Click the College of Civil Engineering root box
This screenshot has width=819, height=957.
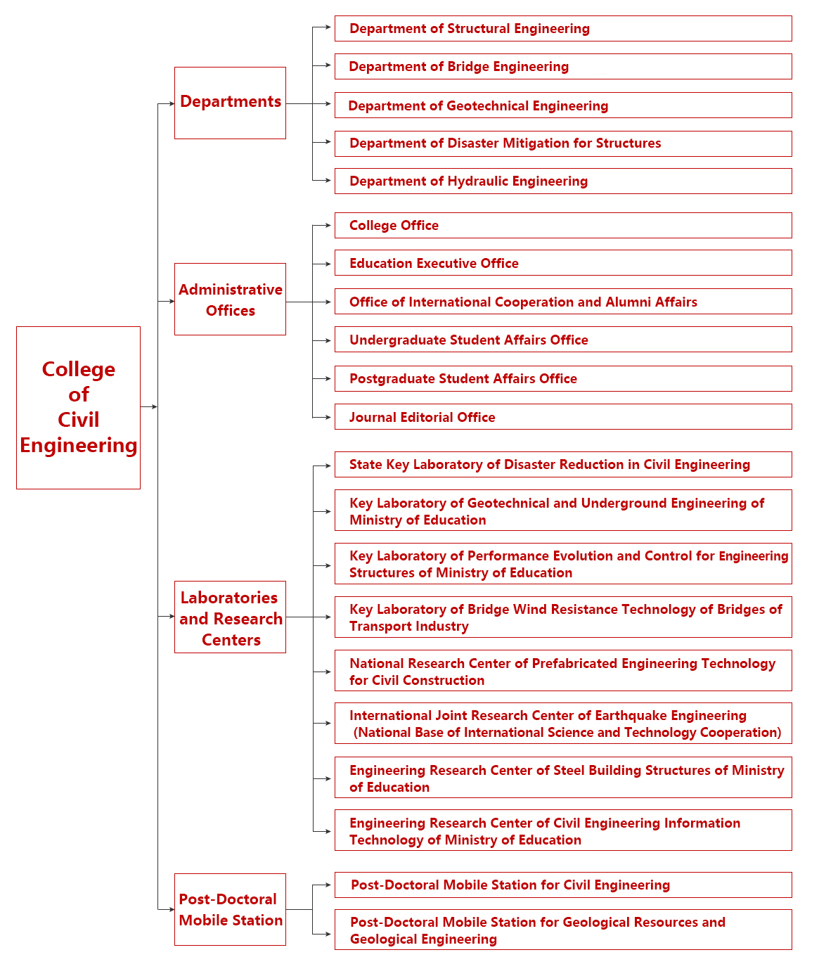pos(78,407)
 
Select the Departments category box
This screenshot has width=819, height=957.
pos(230,103)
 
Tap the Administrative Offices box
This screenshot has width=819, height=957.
pos(230,300)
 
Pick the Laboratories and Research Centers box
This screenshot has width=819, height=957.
pos(230,617)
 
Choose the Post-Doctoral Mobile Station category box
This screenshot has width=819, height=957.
pos(230,909)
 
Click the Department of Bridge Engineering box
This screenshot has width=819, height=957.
pos(562,67)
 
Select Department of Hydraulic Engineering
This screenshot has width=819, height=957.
pos(562,181)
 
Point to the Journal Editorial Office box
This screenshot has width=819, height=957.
pos(562,417)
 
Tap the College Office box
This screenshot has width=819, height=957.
pos(562,226)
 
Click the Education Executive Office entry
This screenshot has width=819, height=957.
pos(562,263)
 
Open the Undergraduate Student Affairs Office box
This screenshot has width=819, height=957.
pos(562,340)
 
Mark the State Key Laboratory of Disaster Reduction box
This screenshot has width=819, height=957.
pos(562,465)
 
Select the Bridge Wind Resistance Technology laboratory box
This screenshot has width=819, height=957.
pos(562,617)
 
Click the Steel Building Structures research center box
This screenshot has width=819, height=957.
pos(562,778)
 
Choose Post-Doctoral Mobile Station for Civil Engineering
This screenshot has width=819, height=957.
pos(562,885)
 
